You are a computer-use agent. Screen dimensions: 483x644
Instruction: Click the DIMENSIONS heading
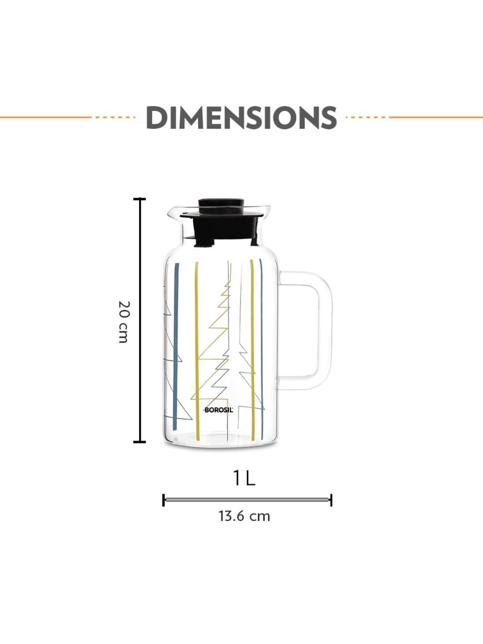pos(241,118)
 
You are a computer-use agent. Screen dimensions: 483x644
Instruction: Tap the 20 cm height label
pos(124,322)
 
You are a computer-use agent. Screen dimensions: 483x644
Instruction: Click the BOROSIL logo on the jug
pos(219,410)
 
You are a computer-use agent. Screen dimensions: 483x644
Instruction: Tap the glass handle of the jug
pos(325,330)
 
